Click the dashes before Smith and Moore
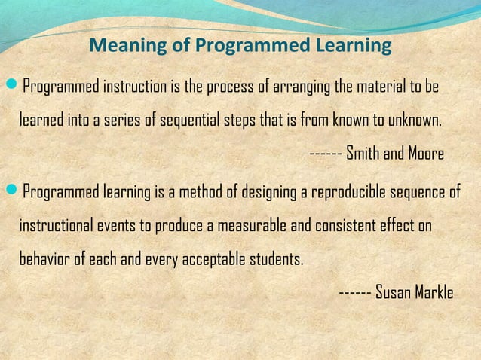pyautogui.click(x=325, y=154)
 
